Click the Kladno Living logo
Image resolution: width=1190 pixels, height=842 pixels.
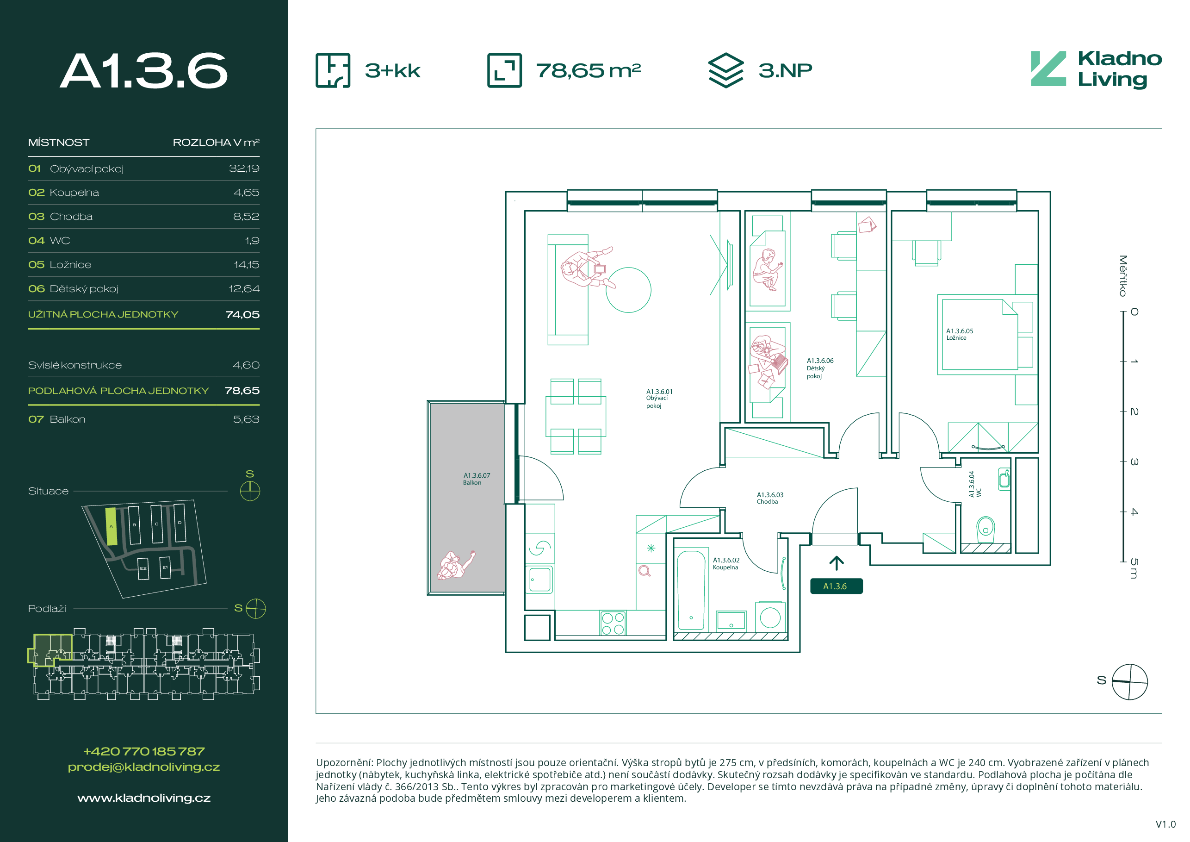click(x=1096, y=70)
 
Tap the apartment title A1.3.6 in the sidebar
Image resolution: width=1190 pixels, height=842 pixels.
click(x=143, y=70)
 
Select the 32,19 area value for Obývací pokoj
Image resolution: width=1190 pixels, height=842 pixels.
click(x=244, y=168)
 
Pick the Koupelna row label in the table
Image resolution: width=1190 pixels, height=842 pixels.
click(x=74, y=193)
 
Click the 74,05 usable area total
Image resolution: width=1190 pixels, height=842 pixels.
click(x=242, y=314)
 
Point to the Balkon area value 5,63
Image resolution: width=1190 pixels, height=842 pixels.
click(x=246, y=419)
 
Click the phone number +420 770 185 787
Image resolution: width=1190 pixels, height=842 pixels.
click(x=144, y=751)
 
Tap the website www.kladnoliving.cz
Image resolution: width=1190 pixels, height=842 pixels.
click(x=144, y=798)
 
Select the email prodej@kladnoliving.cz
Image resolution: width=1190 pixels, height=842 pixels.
click(x=144, y=767)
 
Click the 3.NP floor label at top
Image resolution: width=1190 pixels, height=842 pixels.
click(x=785, y=70)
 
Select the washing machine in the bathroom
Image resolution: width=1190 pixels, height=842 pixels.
click(x=770, y=617)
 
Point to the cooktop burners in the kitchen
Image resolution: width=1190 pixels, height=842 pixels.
click(x=613, y=623)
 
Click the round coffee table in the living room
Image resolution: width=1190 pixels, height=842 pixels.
click(x=628, y=290)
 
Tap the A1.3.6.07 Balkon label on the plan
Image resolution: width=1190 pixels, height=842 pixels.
click(x=476, y=479)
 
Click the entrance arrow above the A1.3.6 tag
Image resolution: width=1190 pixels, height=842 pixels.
click(x=836, y=563)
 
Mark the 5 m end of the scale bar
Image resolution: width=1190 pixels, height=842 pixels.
click(x=1122, y=561)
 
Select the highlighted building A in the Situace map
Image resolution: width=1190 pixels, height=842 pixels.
click(x=111, y=526)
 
